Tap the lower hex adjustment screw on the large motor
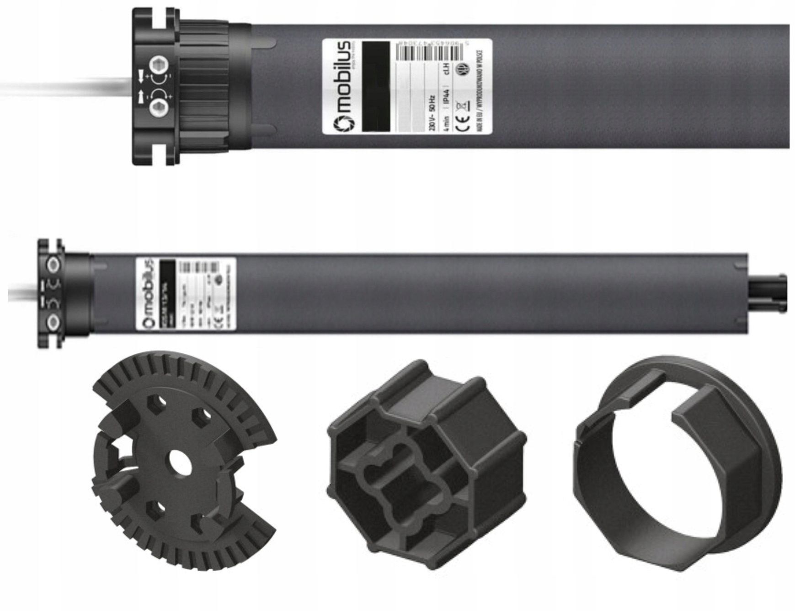159,107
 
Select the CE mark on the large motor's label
463,122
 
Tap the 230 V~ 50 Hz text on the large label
432,112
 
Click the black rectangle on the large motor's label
376,87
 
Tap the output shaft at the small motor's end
768,292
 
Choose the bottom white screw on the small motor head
53,323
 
